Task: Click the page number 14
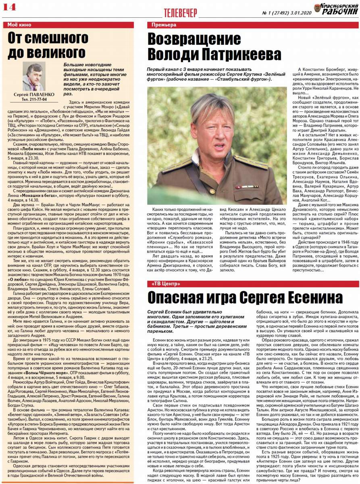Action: (9, 7)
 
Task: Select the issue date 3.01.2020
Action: (299, 12)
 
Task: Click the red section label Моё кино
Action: (19, 25)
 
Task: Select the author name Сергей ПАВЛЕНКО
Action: (35, 94)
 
